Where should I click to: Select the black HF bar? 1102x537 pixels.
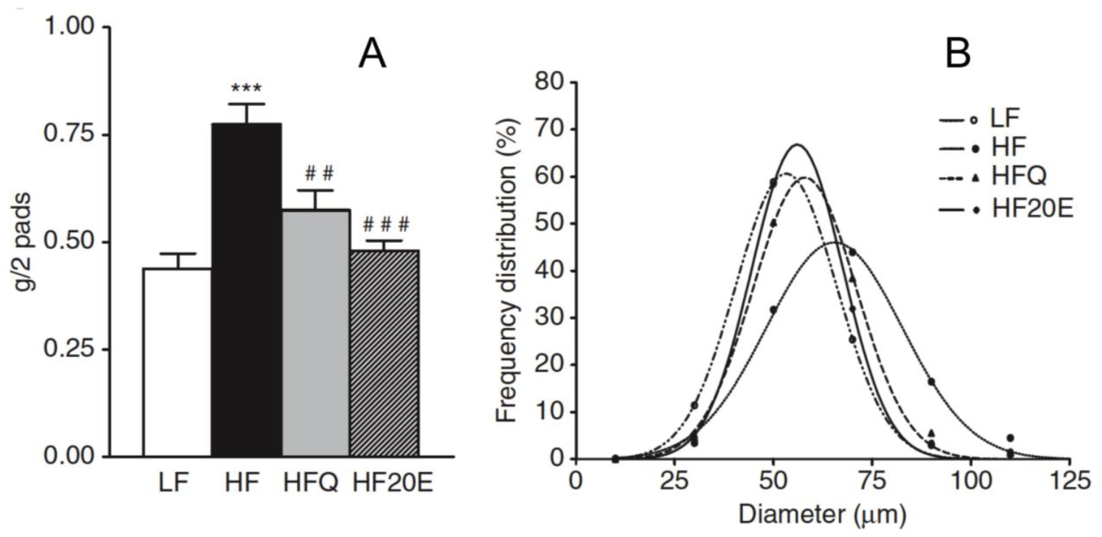pos(246,290)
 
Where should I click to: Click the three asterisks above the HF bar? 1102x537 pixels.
pos(246,90)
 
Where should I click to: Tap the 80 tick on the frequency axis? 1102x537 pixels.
pos(549,82)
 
